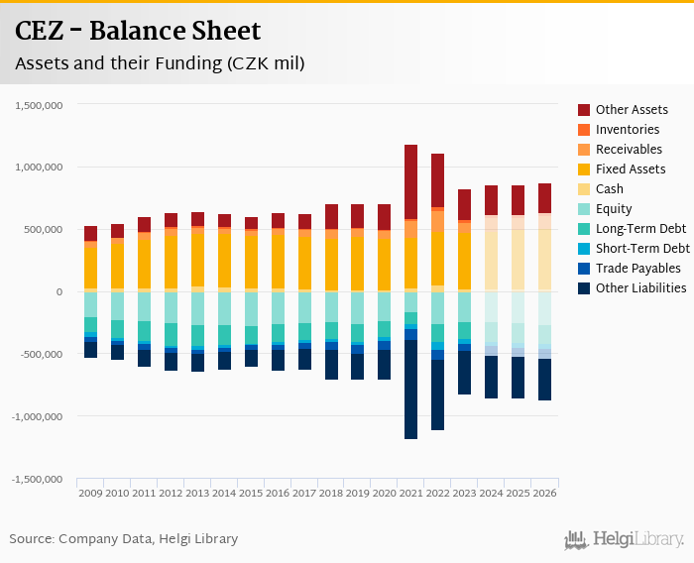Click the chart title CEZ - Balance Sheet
tap(138, 32)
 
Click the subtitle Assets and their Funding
tap(160, 63)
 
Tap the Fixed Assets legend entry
tap(631, 169)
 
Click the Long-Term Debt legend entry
tap(640, 229)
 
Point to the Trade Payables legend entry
tap(637, 269)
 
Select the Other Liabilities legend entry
tap(640, 288)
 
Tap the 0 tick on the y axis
tap(59, 292)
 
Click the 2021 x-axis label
tap(410, 493)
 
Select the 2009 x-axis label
tap(90, 493)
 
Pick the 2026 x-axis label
tap(544, 493)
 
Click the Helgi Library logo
tap(625, 540)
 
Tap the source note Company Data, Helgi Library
tap(124, 539)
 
